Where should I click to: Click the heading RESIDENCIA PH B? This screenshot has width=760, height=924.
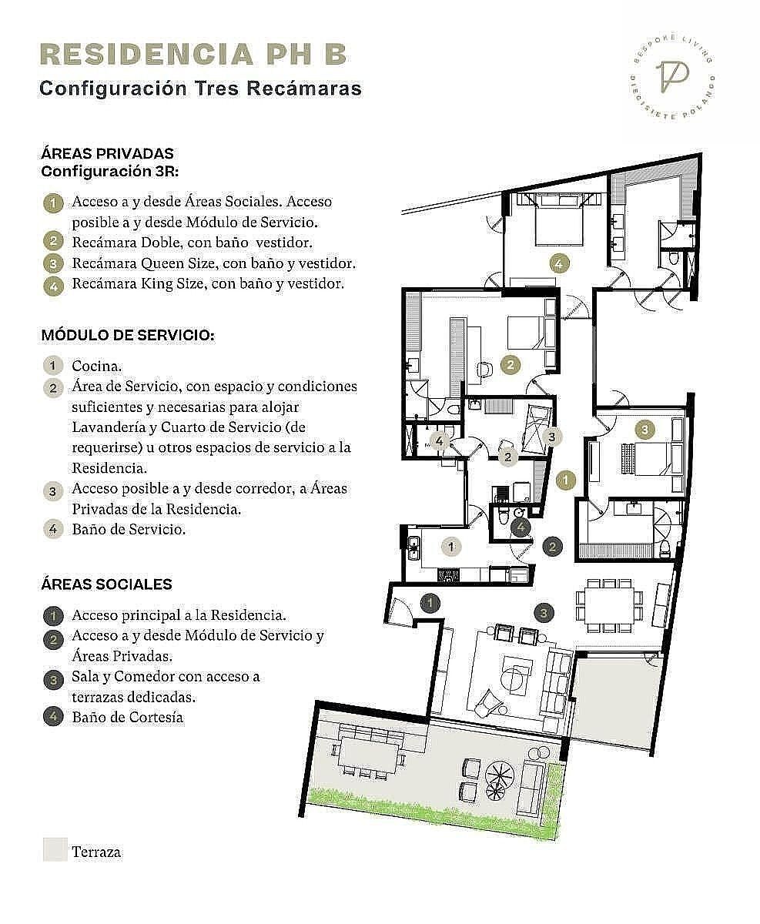193,55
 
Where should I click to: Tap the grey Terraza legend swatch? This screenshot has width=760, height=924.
55,849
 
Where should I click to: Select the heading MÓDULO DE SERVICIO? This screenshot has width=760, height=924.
128,336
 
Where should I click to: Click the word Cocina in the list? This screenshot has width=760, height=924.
97,366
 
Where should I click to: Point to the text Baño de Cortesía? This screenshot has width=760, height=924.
128,717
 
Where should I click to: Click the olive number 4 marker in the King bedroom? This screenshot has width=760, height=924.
559,264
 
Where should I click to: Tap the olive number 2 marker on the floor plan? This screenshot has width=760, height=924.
511,364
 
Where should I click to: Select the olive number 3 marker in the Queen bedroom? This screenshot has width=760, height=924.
644,430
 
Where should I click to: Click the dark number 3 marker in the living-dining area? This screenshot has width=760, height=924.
544,612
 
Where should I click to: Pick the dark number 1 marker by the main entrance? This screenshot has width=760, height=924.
430,603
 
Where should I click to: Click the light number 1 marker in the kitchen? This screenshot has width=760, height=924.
451,547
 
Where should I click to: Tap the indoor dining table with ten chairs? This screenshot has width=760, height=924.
609,605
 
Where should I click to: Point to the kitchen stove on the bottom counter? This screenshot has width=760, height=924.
449,575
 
